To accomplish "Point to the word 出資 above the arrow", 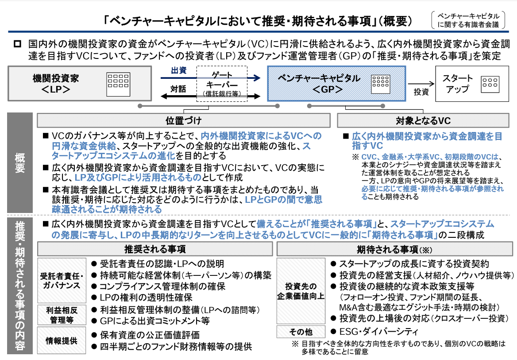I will tap(178, 71).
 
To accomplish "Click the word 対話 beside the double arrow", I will tap(178, 89).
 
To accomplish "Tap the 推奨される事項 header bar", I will tap(155, 249).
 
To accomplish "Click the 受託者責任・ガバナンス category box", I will tap(62, 280).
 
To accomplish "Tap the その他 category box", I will tap(301, 332).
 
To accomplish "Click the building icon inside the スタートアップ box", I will tap(490, 82).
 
